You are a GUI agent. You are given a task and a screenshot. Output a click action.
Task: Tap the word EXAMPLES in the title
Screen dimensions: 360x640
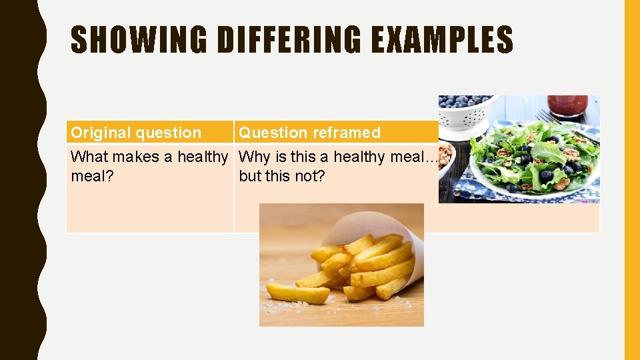click(x=441, y=40)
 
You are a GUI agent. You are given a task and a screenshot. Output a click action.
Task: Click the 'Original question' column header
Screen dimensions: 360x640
click(x=136, y=133)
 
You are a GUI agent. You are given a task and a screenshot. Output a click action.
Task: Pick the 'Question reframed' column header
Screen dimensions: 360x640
click(x=309, y=133)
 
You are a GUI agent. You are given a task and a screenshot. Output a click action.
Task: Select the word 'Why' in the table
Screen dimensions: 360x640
click(x=251, y=157)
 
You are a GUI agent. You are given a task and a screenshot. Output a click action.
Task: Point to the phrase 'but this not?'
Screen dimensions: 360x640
click(x=282, y=177)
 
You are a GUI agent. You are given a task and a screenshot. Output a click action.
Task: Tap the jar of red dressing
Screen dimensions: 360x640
click(x=567, y=105)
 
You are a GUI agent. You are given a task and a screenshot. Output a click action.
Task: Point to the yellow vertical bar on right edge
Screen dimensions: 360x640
click(x=631, y=180)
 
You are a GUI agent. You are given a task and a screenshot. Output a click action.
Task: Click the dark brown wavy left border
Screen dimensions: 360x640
click(x=20, y=180)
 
